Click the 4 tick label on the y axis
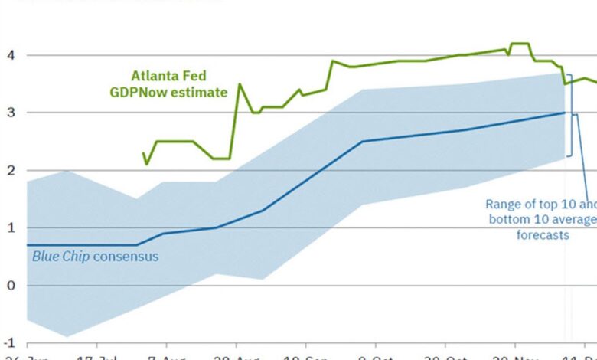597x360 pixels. coord(11,55)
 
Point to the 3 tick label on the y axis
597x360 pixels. coord(11,113)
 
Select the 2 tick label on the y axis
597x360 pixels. coord(11,170)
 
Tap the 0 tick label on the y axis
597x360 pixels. coord(11,285)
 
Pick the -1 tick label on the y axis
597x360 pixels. coord(10,342)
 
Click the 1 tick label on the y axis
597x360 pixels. coord(11,227)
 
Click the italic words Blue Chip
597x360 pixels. coord(60,257)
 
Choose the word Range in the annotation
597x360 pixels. coord(502,204)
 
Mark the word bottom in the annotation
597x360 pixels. coord(509,220)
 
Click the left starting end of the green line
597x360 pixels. coord(143,153)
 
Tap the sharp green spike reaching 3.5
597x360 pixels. coord(239,84)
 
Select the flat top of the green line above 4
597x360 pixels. coord(519,44)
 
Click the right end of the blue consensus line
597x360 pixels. coord(565,113)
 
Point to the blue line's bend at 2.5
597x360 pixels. coord(362,141)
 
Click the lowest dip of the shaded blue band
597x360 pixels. coord(67,336)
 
